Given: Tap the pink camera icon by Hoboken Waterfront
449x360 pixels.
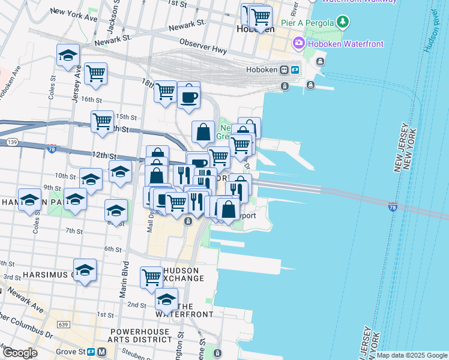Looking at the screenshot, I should click(x=298, y=43).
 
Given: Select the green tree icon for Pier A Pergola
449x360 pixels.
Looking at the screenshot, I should click(x=343, y=23).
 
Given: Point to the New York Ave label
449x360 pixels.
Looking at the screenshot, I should click(x=74, y=14).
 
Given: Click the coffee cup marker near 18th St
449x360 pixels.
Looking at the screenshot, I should click(x=188, y=96).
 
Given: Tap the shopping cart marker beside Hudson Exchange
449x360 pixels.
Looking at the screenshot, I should click(x=151, y=277).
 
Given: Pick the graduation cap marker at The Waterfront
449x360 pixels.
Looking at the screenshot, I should click(x=166, y=299).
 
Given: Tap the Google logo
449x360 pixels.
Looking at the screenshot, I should click(x=20, y=353).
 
